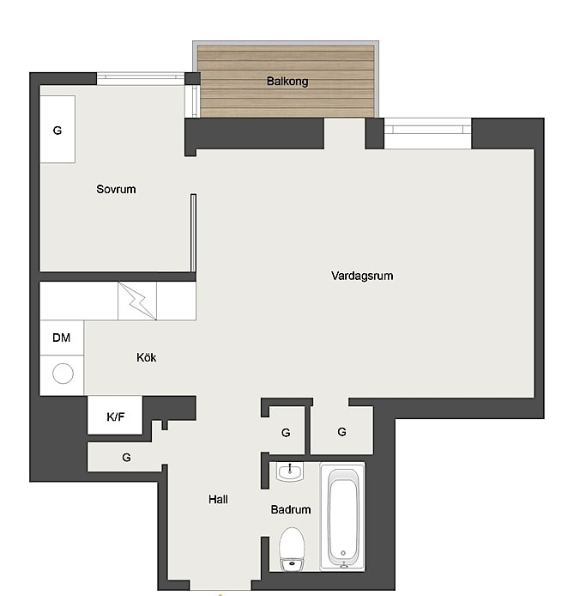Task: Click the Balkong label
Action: click(x=287, y=82)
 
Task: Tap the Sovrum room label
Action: click(x=116, y=189)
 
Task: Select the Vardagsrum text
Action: click(x=362, y=276)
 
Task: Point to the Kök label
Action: click(x=146, y=357)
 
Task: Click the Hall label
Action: click(x=218, y=499)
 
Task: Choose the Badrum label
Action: click(x=291, y=509)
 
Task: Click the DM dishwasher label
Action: click(x=61, y=338)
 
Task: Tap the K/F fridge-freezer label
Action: click(x=116, y=417)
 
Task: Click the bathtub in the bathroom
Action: click(x=342, y=516)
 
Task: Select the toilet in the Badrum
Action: click(x=292, y=549)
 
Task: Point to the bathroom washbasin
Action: click(x=290, y=472)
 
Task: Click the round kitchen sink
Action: click(x=63, y=374)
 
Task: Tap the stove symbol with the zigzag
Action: click(x=137, y=301)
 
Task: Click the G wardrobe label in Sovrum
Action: click(x=57, y=131)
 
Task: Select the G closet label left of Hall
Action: click(x=126, y=457)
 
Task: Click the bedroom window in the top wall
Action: click(x=141, y=78)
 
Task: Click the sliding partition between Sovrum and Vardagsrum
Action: click(x=193, y=233)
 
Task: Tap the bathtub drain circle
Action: click(x=343, y=553)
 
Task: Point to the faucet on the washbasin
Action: click(x=290, y=468)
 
